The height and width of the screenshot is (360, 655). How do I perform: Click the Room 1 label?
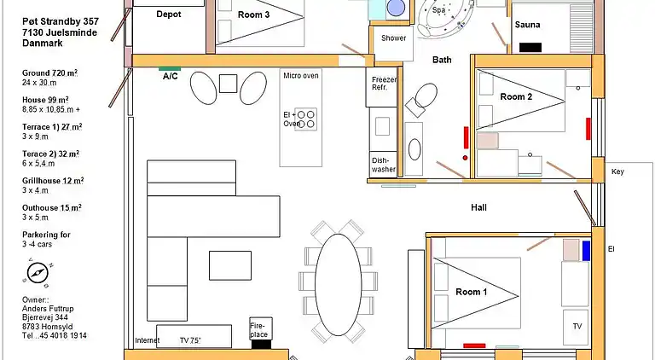470,293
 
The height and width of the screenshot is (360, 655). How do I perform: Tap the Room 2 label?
516,97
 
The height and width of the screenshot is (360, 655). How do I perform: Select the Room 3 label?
253,15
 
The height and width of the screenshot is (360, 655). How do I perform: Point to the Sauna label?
527,25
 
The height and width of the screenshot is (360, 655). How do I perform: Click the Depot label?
169,14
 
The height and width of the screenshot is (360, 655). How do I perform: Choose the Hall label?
478,207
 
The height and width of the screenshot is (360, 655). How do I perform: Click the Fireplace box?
258,330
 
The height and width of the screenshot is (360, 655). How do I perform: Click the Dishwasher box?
383,165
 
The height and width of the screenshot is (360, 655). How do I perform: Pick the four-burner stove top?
305,119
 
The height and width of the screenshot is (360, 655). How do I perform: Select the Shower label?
393,38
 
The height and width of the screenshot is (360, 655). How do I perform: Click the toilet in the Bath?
419,98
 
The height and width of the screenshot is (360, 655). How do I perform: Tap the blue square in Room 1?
587,250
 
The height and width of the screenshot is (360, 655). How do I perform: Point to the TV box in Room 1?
577,327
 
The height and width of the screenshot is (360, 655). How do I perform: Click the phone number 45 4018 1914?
62,335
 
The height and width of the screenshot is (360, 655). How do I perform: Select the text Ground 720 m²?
49,73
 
